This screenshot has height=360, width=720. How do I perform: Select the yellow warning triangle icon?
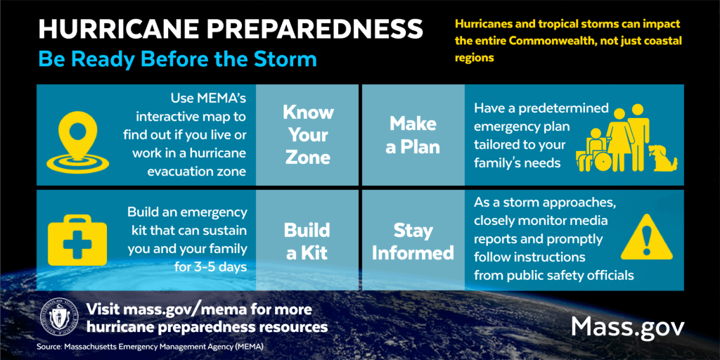647,237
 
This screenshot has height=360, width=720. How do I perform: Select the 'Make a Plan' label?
413,135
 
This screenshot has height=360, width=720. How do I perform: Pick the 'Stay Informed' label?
413,241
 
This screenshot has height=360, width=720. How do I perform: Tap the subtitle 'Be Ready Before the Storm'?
177,58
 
